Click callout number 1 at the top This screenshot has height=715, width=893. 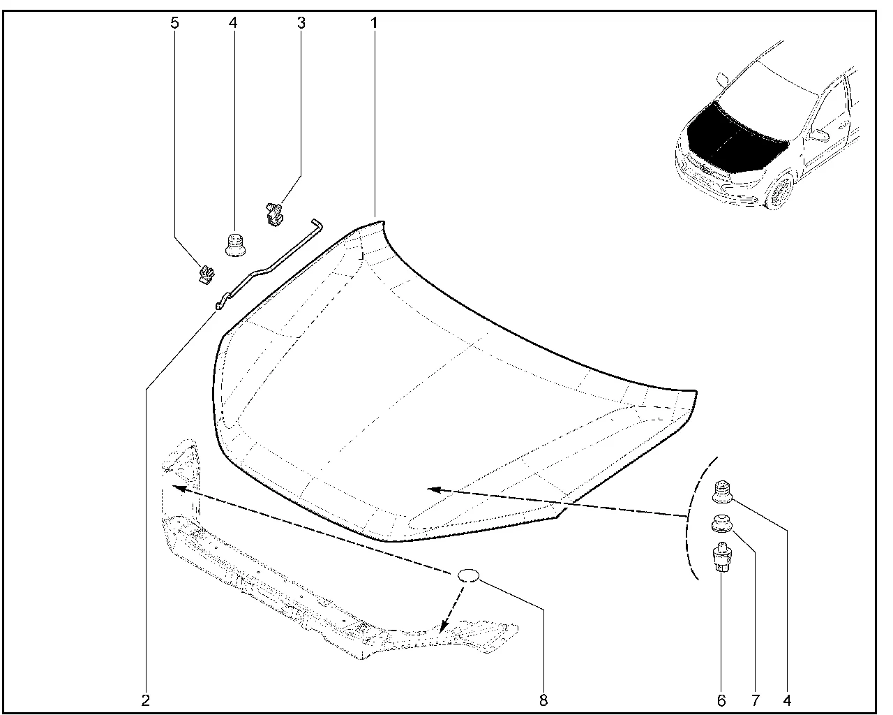[x=374, y=23]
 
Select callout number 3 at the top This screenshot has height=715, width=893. [x=301, y=23]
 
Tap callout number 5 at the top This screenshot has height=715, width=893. [x=174, y=23]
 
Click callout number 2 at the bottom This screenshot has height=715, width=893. [x=145, y=699]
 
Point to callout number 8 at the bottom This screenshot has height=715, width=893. [x=543, y=699]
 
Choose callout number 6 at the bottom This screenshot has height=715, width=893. [x=721, y=699]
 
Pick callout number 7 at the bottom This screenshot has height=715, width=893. [x=755, y=699]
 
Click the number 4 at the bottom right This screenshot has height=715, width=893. [x=788, y=699]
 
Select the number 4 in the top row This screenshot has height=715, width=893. [x=232, y=23]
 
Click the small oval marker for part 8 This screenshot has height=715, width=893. [x=468, y=575]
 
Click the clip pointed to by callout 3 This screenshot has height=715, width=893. [x=274, y=212]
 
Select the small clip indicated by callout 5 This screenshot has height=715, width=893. [x=204, y=274]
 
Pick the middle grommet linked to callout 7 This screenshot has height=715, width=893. [x=721, y=526]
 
